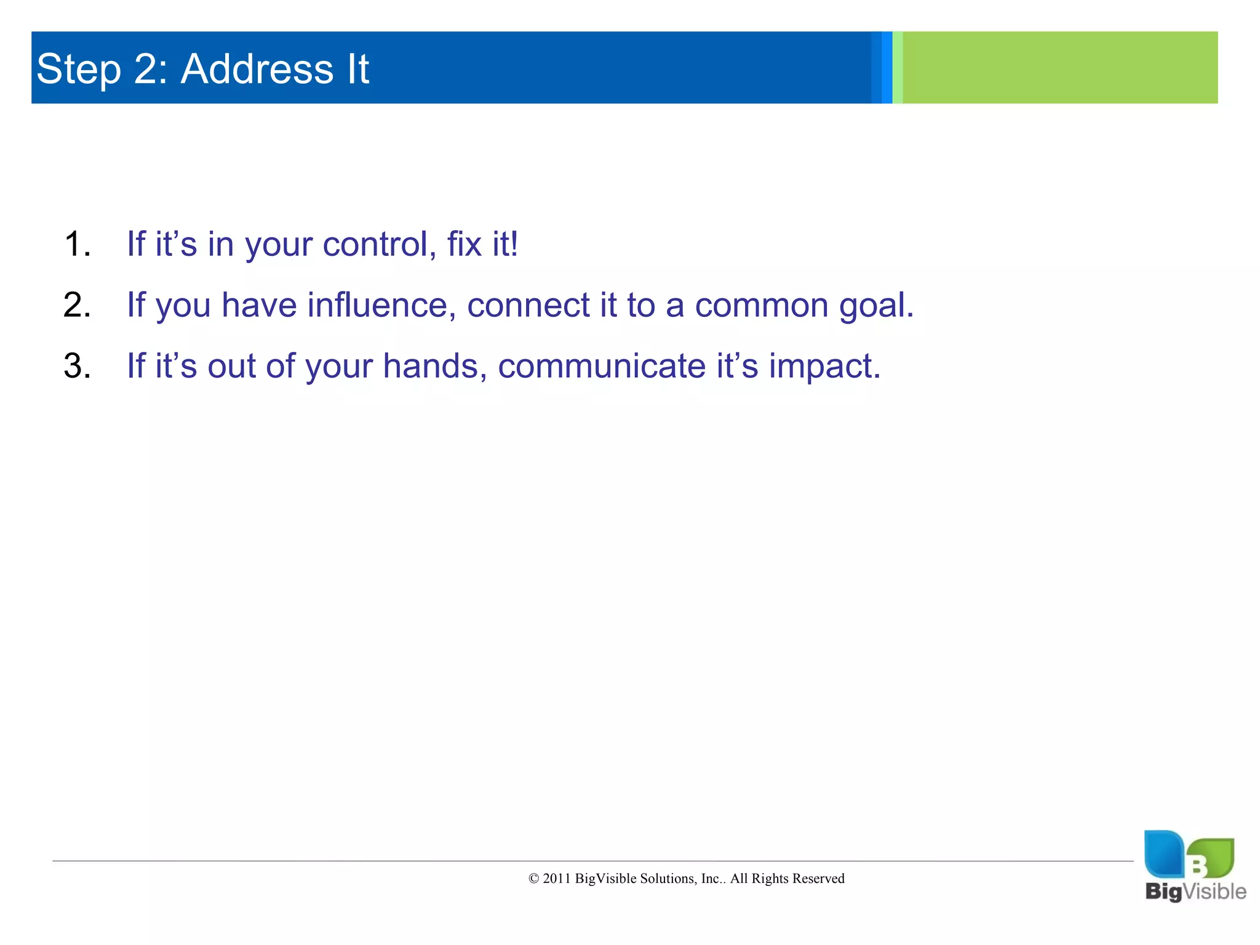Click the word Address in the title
click(x=257, y=69)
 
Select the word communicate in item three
click(x=601, y=366)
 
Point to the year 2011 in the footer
click(x=557, y=879)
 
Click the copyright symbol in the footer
click(x=533, y=879)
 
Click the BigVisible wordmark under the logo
click(x=1195, y=891)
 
